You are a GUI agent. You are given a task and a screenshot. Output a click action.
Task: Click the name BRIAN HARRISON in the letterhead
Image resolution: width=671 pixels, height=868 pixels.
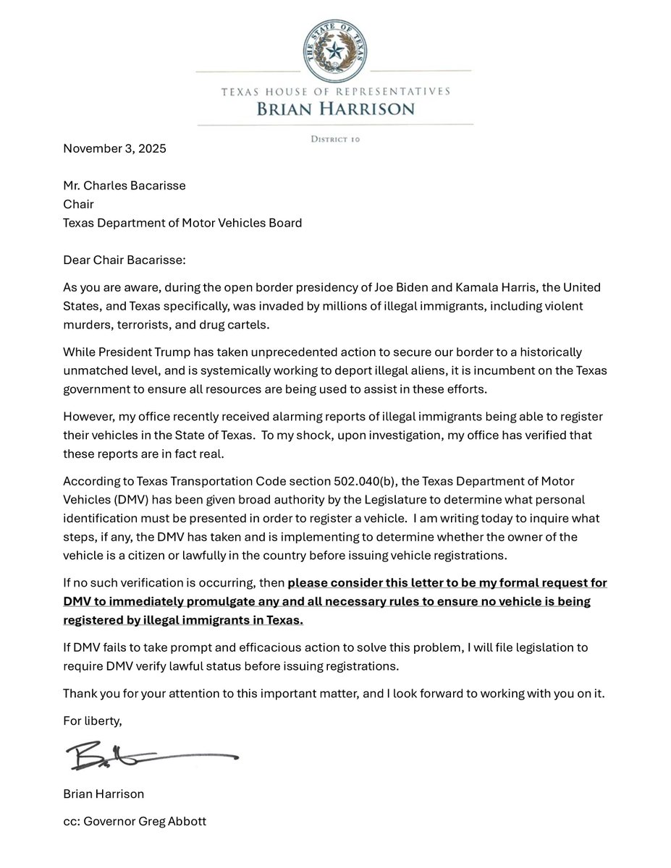[x=334, y=109]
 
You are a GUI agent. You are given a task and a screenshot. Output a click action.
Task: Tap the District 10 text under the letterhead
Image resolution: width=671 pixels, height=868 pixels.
[x=335, y=138]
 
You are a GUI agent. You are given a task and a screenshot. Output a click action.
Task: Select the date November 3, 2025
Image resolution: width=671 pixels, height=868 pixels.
[x=114, y=149]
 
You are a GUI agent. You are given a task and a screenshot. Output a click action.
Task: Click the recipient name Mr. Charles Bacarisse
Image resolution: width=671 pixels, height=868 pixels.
[x=124, y=185]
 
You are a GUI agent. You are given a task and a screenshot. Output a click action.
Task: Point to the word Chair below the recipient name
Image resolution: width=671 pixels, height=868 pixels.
[x=78, y=204]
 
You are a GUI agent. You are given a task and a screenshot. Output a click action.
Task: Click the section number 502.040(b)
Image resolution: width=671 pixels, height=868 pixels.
[x=369, y=481]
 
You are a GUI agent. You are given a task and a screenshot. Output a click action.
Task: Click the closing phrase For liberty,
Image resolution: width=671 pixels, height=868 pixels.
[x=92, y=721]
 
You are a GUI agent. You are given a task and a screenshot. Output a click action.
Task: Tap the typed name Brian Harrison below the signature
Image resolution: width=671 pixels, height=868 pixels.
[x=104, y=793]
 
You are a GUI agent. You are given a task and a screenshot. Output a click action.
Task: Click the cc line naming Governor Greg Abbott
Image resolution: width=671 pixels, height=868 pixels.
[x=134, y=822]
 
